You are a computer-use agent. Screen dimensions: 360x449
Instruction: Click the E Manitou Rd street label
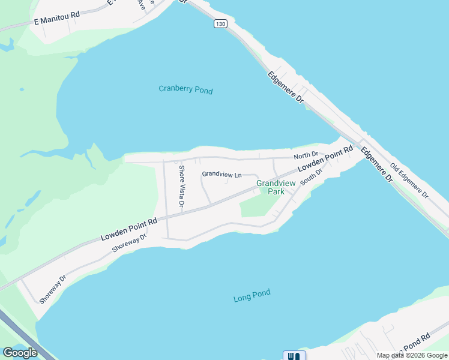click(x=57, y=21)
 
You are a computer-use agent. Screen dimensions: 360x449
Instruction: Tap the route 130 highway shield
click(x=221, y=23)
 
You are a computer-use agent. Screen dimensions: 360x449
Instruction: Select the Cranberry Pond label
click(x=185, y=90)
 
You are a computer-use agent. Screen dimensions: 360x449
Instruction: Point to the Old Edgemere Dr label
click(x=409, y=181)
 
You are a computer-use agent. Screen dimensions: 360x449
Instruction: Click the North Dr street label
click(x=306, y=155)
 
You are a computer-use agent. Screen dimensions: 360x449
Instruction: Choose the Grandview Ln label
click(x=221, y=174)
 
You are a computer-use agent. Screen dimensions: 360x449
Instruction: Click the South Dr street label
click(x=312, y=177)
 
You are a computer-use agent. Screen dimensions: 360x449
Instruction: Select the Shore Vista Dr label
click(x=181, y=188)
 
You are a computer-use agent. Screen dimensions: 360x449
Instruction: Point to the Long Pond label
click(x=252, y=296)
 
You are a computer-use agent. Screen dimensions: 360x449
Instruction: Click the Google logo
click(x=20, y=353)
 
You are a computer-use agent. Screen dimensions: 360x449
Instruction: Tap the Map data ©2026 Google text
click(x=412, y=355)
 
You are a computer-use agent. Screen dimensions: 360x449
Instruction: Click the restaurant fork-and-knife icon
click(x=294, y=356)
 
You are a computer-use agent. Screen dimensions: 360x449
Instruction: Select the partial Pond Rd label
click(x=418, y=342)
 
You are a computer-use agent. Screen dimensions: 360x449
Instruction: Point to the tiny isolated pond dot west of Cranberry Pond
click(x=22, y=89)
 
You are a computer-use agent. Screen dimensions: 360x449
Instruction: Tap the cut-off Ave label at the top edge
click(x=141, y=5)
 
